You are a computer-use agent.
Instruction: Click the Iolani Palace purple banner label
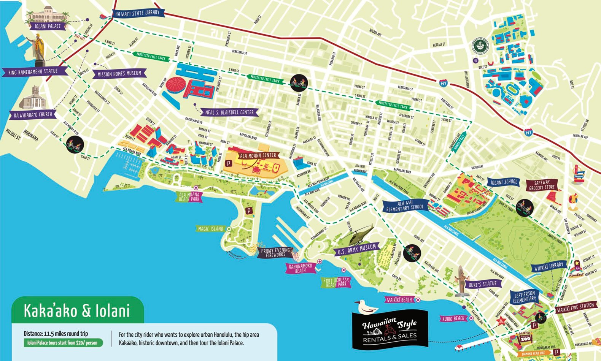click(48, 26)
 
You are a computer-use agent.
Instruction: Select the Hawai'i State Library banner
click(137, 13)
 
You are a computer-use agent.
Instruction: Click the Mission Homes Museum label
click(119, 74)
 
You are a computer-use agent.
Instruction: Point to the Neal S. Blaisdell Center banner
click(229, 112)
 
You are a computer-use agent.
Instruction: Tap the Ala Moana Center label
click(258, 155)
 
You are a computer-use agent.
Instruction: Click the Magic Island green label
click(210, 229)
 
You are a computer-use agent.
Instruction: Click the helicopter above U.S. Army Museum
click(358, 235)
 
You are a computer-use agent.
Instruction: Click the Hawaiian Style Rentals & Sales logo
click(390, 329)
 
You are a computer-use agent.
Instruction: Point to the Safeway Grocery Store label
click(542, 185)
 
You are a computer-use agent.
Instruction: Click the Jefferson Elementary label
click(525, 297)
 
